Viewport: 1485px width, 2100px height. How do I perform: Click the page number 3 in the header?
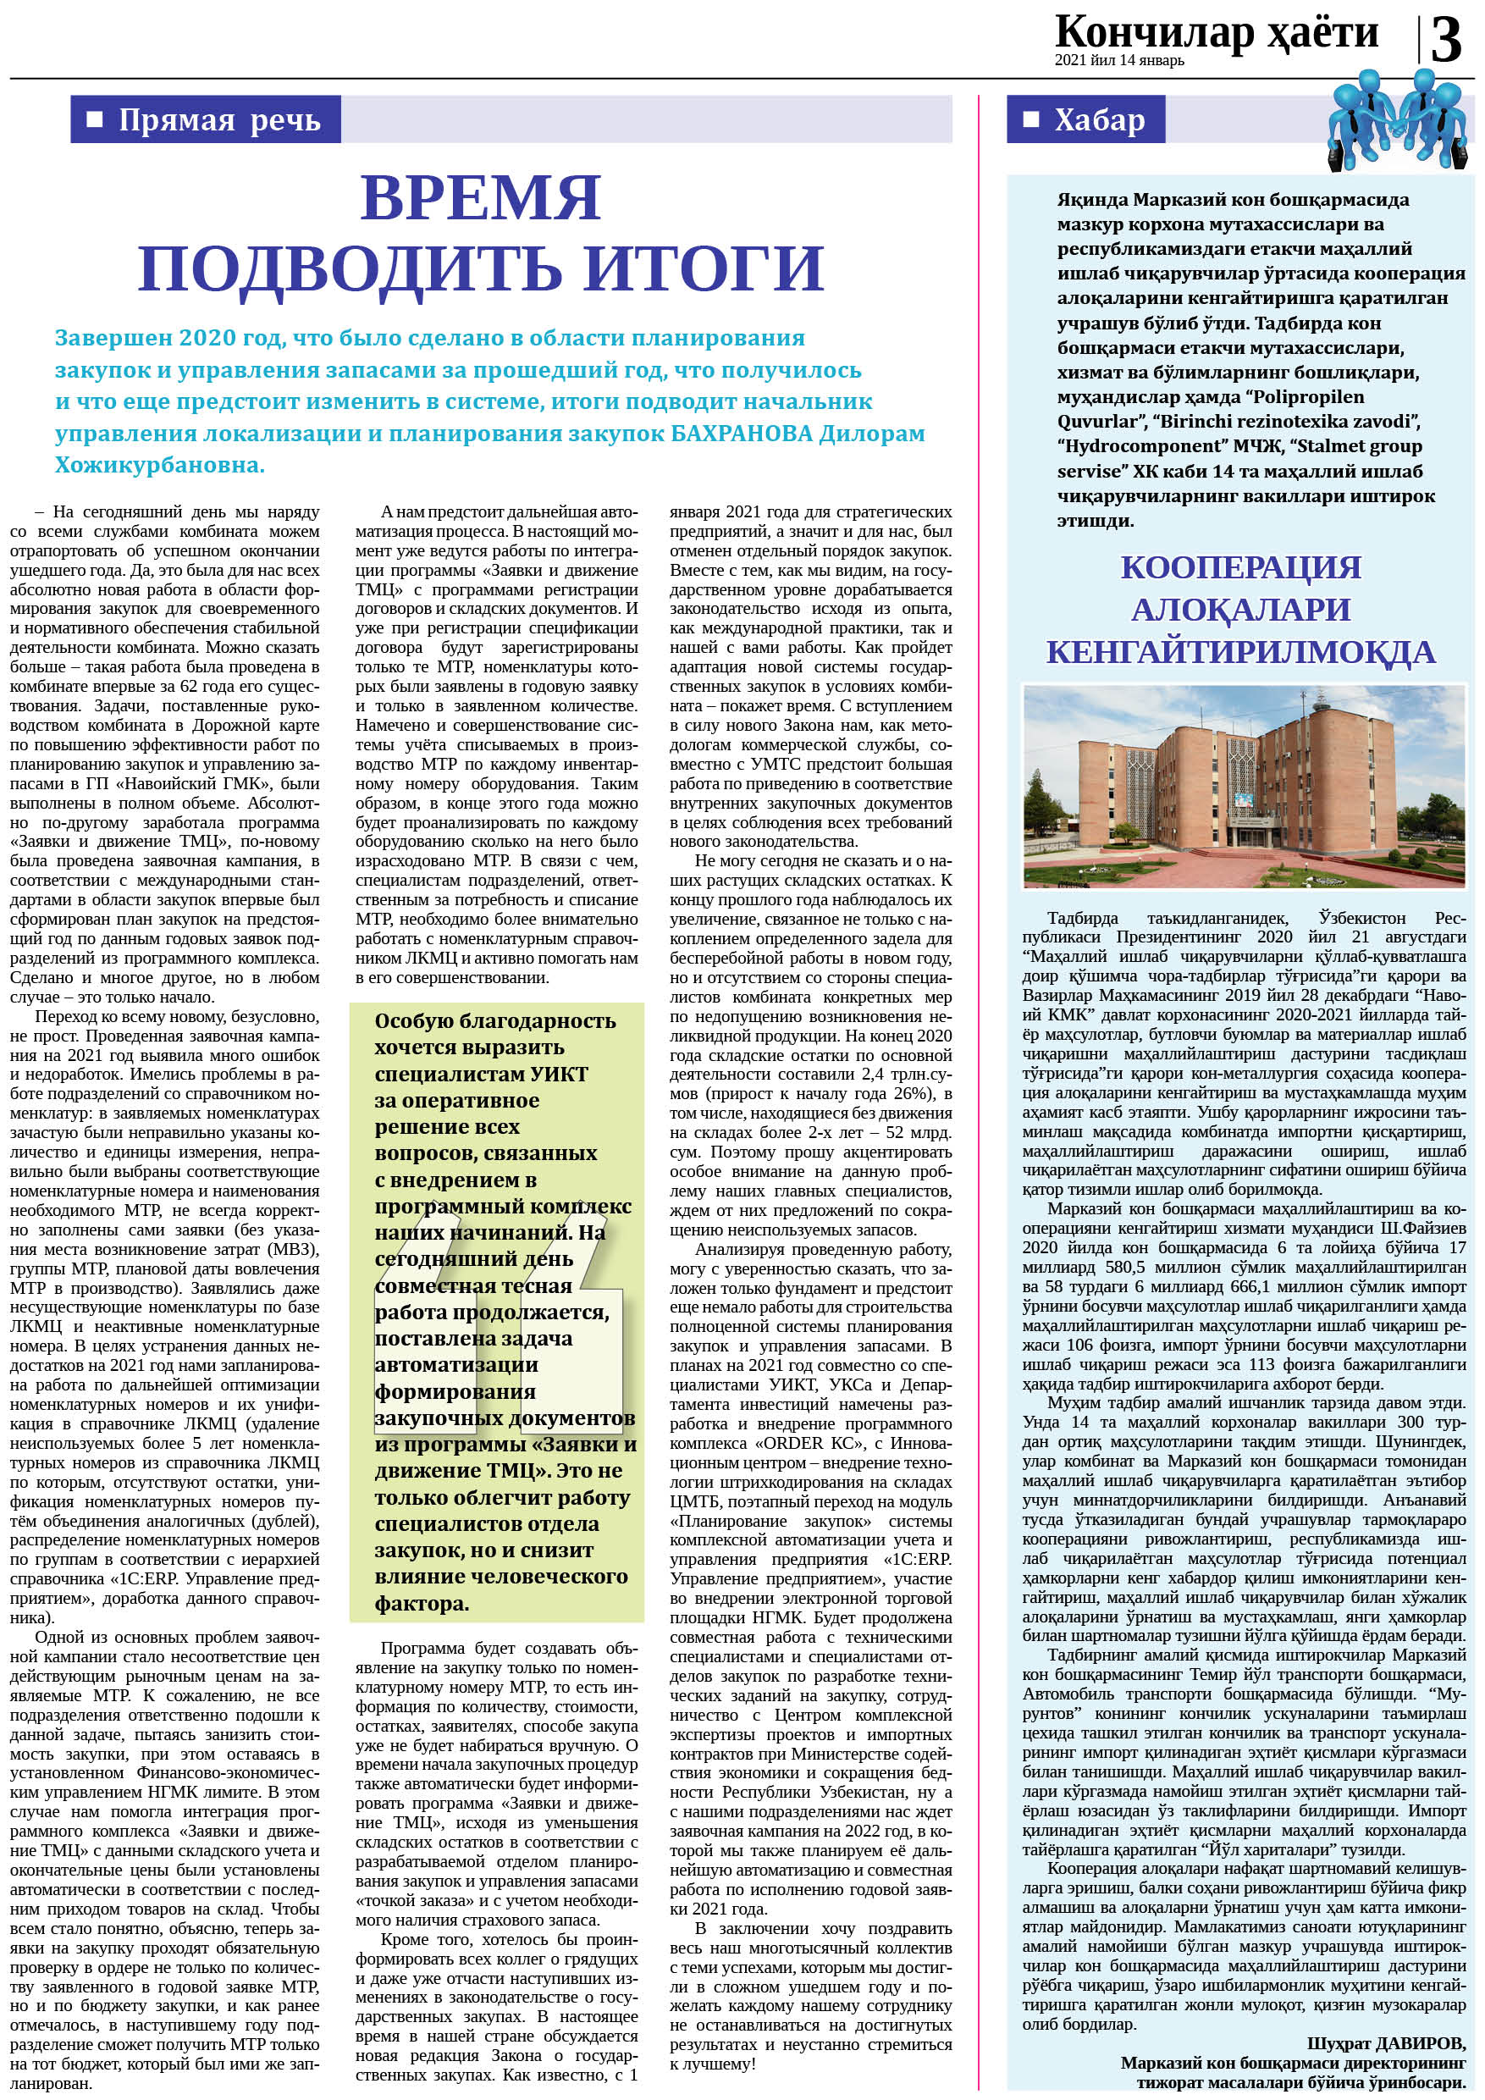(x=1446, y=42)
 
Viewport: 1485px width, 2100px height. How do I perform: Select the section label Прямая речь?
(x=219, y=119)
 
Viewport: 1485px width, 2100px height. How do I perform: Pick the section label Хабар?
(x=1099, y=119)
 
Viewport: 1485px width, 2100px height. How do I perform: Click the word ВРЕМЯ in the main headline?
(x=481, y=196)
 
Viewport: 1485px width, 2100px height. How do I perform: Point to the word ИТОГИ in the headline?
(x=704, y=265)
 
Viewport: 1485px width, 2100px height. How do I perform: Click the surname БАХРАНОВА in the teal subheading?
(x=741, y=433)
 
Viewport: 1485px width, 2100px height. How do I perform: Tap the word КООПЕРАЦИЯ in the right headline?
(x=1240, y=567)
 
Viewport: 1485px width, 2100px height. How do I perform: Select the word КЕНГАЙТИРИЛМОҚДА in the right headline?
(x=1240, y=651)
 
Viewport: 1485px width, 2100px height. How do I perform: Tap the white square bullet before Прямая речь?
(x=93, y=119)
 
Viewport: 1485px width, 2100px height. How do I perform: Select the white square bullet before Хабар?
(x=1030, y=119)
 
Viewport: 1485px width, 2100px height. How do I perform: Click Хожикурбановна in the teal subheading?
(x=159, y=465)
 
